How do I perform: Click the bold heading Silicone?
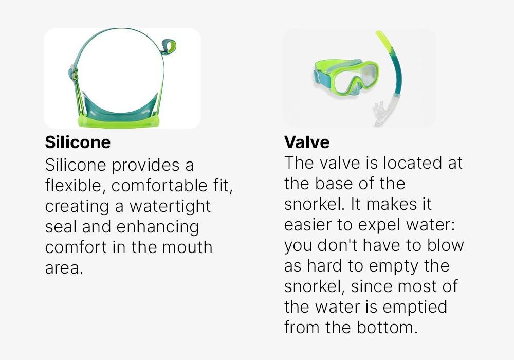click(78, 142)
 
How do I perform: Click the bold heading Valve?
click(307, 142)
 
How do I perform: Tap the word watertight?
click(170, 207)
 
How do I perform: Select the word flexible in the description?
click(74, 186)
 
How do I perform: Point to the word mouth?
click(188, 247)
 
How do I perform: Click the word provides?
click(146, 166)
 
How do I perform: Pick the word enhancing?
click(158, 227)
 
